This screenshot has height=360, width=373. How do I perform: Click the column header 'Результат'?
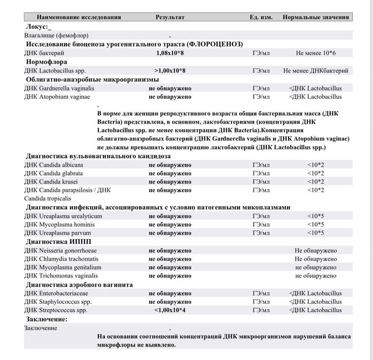click(x=170, y=17)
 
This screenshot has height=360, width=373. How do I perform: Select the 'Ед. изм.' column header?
click(x=261, y=17)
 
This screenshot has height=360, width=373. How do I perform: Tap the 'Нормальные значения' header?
click(x=316, y=17)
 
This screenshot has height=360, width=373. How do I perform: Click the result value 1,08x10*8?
click(x=170, y=53)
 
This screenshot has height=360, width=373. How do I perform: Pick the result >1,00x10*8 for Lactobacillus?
click(x=170, y=71)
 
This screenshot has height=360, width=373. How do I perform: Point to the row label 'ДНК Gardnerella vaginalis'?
click(x=59, y=88)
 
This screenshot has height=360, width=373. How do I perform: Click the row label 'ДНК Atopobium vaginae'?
click(x=55, y=97)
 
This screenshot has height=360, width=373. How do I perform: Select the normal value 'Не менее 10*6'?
click(x=316, y=53)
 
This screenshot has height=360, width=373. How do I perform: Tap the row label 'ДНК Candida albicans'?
click(x=54, y=165)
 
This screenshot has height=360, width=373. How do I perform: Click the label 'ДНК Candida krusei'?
click(x=51, y=182)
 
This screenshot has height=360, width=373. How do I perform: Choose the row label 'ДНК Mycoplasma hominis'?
click(x=59, y=225)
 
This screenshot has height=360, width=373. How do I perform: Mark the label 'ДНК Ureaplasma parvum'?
click(x=57, y=233)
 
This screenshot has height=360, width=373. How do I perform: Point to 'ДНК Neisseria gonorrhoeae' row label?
click(x=60, y=251)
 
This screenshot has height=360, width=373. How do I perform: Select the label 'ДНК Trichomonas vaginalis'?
click(x=61, y=276)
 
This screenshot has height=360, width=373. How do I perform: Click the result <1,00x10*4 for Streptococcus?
click(x=170, y=310)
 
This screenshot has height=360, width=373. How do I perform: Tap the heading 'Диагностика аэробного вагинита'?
click(x=79, y=285)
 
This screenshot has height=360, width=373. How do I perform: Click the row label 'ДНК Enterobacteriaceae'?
click(x=56, y=293)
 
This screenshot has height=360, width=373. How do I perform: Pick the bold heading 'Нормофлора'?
click(x=46, y=62)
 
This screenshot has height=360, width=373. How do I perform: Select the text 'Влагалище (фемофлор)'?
click(x=56, y=36)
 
